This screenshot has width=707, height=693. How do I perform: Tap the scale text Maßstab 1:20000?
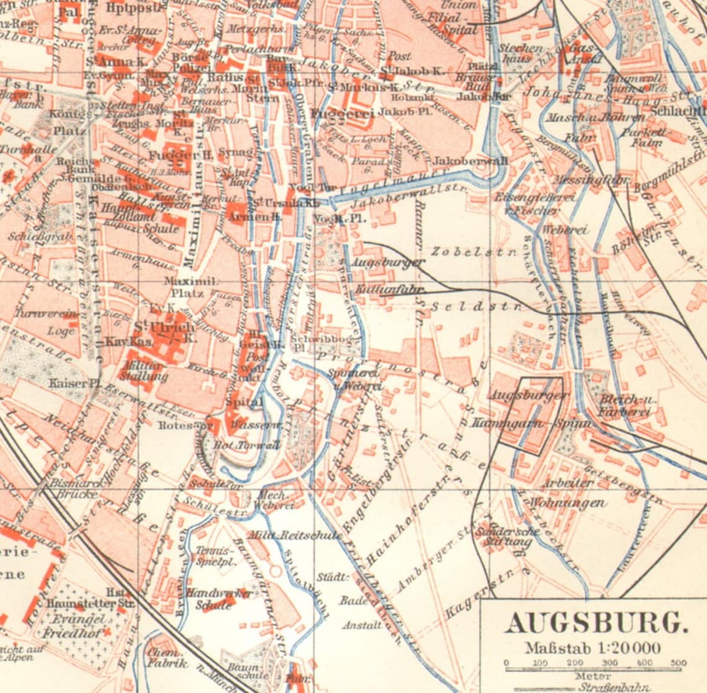click(x=592, y=648)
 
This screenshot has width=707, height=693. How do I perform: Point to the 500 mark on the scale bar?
click(x=678, y=663)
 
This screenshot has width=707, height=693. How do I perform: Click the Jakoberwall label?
click(x=471, y=161)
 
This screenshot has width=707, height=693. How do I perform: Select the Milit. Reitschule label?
click(x=294, y=535)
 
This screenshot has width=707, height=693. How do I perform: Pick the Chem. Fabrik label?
click(x=166, y=658)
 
